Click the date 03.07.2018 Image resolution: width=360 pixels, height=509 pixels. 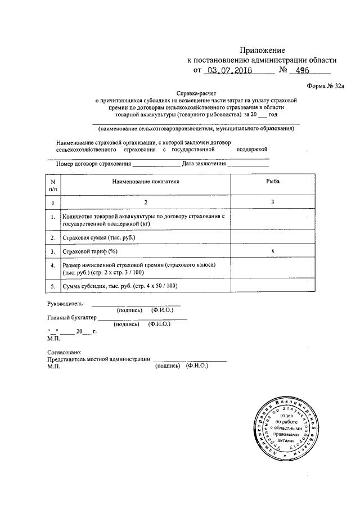click(229, 71)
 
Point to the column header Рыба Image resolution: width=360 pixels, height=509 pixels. click(273, 182)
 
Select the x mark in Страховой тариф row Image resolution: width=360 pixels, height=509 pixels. click(273, 251)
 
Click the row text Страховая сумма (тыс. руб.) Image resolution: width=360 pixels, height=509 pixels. click(100, 238)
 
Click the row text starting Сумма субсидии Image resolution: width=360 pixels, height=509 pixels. click(120, 286)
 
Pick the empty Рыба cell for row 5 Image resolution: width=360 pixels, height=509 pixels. click(273, 286)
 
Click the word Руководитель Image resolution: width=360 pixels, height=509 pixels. click(66, 303)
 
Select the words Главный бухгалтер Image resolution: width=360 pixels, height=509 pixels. click(72, 317)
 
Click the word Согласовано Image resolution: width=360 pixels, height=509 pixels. click(66, 352)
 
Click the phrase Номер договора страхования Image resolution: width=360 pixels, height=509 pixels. click(94, 164)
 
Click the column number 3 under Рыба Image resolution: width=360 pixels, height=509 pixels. click(273, 202)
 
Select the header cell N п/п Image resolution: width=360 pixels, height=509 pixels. click(53, 186)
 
